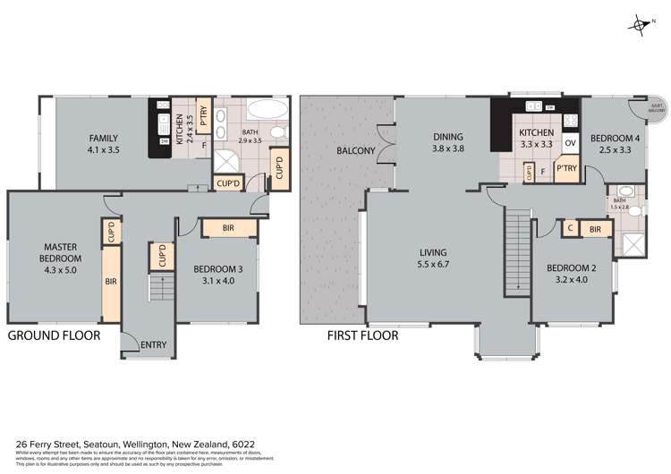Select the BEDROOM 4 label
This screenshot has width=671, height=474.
coord(614,143)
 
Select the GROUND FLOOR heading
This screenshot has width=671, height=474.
coord(54,335)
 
